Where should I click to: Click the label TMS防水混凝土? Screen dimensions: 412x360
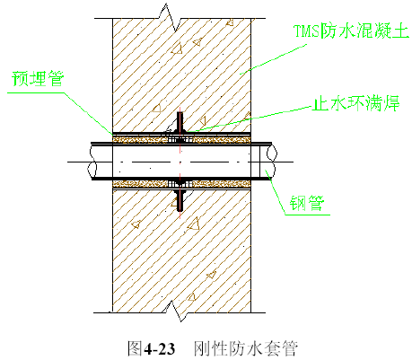(x=351, y=31)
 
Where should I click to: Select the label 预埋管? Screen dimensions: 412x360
(x=38, y=78)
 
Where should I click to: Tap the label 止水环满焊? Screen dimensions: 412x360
(x=355, y=103)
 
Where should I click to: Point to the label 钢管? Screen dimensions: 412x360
(x=307, y=203)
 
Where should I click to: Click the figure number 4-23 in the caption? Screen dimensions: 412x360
(x=160, y=348)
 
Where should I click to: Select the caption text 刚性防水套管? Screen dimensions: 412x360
(x=246, y=348)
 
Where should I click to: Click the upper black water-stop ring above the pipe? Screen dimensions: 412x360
(x=180, y=122)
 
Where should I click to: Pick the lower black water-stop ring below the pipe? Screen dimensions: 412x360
(x=180, y=199)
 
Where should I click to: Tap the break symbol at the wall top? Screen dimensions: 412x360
(x=170, y=17)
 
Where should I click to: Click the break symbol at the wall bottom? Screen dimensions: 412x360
(x=177, y=312)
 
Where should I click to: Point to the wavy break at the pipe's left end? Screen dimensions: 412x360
(x=92, y=162)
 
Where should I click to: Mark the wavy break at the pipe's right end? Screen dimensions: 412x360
(x=271, y=161)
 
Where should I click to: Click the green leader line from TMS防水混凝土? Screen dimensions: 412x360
(x=273, y=59)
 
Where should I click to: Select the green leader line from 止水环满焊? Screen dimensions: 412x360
(x=249, y=119)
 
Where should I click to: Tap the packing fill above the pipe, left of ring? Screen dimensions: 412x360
(x=139, y=139)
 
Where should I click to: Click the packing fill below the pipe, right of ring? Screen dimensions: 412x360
(x=221, y=183)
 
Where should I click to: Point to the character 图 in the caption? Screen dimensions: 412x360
(x=135, y=348)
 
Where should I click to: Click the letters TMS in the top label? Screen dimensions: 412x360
(x=306, y=31)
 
